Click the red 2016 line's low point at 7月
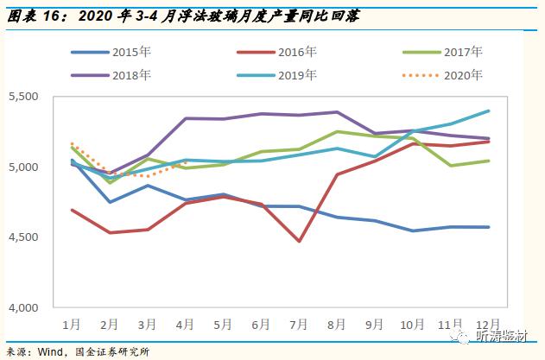tap(298, 241)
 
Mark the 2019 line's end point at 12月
tap(490, 111)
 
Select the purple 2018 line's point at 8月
tap(336, 112)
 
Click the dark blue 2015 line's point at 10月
tap(414, 231)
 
